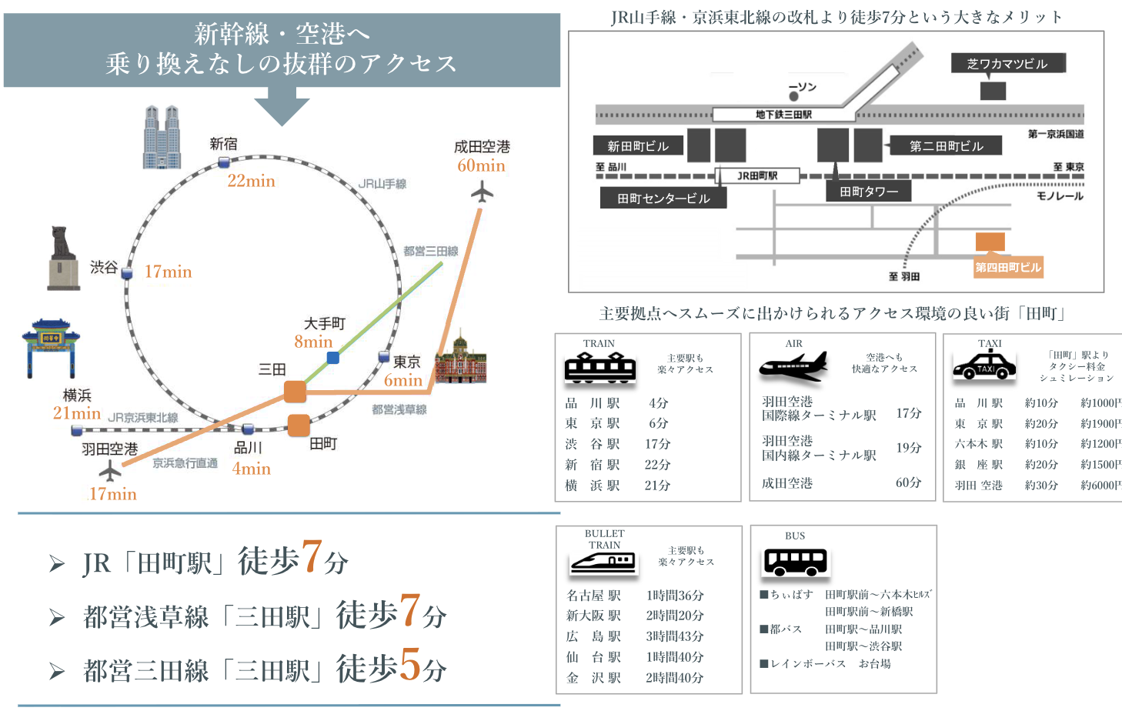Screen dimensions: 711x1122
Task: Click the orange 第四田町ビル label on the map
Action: [x=1008, y=268]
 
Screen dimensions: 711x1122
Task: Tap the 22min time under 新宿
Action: [x=251, y=181]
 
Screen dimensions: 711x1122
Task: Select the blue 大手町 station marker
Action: [x=333, y=358]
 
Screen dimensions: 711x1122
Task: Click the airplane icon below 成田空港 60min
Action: [x=482, y=192]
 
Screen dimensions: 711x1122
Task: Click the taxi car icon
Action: [x=983, y=366]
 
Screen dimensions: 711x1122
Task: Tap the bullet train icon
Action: [x=604, y=564]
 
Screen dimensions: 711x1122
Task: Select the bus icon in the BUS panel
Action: [x=795, y=562]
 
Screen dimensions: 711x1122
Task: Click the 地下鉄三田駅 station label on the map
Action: [x=783, y=115]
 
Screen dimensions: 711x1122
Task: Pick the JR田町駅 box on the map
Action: [x=757, y=175]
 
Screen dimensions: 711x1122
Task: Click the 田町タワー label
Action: [x=869, y=192]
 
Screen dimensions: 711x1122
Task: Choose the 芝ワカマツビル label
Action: [x=1007, y=64]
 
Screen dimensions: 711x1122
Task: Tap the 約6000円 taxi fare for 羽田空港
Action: [x=1100, y=486]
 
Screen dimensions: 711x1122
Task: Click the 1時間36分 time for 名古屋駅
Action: [x=675, y=596]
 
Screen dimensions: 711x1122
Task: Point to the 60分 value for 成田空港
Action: [x=908, y=482]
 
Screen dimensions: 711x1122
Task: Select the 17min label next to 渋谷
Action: [x=168, y=272]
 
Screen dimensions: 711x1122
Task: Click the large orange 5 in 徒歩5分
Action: [x=410, y=665]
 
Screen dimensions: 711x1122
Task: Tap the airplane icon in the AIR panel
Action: [x=793, y=366]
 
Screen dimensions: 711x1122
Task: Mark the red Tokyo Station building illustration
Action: [x=460, y=359]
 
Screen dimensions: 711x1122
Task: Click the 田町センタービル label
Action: [x=663, y=199]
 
